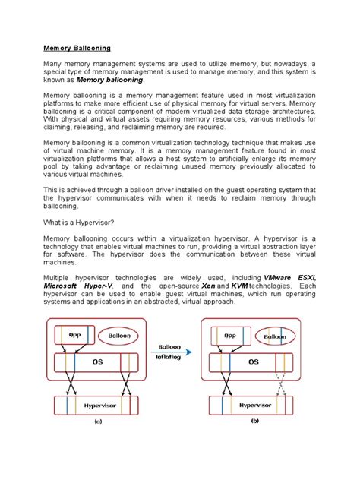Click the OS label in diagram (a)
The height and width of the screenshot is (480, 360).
coord(97,362)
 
